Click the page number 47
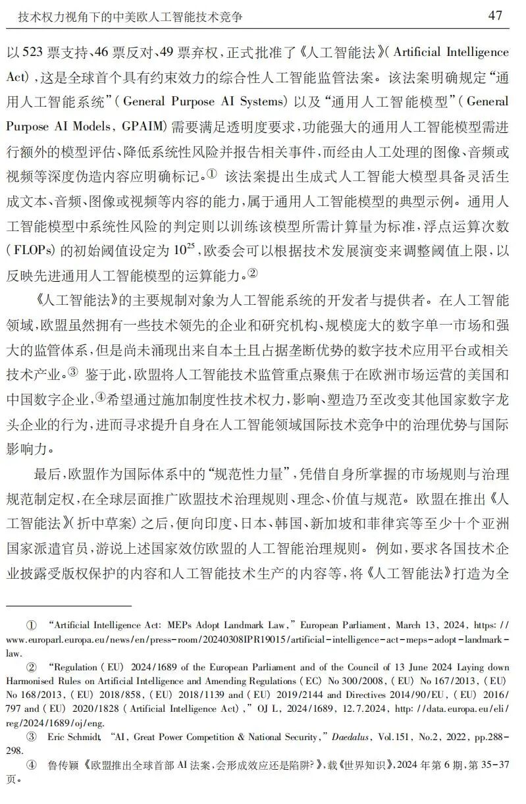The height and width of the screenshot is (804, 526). (x=496, y=15)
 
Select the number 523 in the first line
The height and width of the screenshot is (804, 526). (x=35, y=52)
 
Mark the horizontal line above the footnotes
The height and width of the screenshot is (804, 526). (x=69, y=604)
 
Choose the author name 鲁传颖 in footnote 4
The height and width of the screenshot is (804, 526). (x=63, y=766)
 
